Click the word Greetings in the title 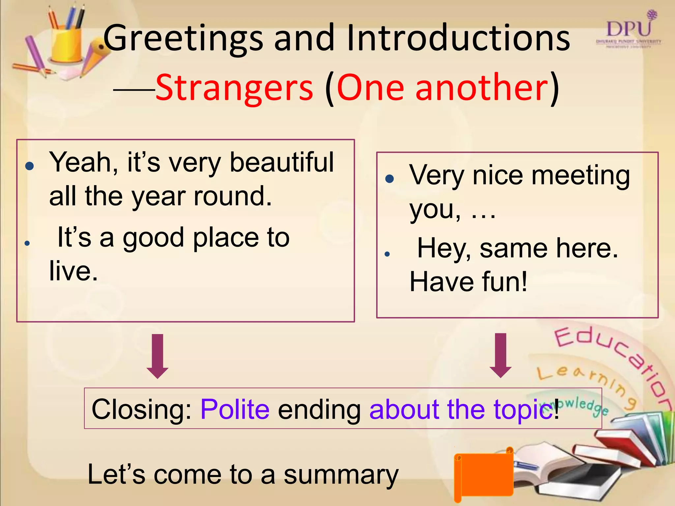pos(183,39)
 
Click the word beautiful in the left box pos(281,162)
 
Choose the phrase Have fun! pos(468,282)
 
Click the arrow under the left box pos(158,356)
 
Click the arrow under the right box pos(501,355)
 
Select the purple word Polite pos(235,409)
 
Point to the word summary pos(341,475)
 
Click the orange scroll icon pos(483,474)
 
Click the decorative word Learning pos(587,382)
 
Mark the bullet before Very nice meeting pos(390,179)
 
